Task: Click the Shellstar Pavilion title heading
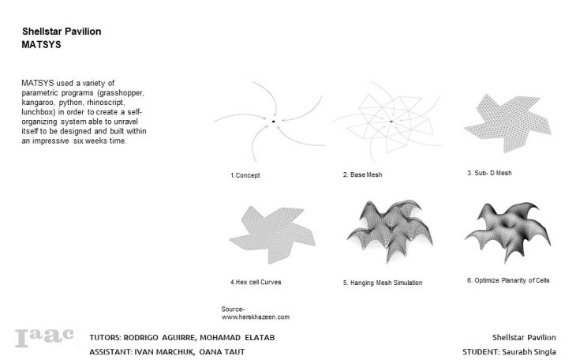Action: point(62,32)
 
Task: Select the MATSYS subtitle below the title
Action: point(41,44)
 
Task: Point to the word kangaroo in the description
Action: point(38,103)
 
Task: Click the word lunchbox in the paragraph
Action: point(38,112)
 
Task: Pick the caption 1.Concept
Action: point(245,175)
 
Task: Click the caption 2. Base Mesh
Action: point(363,174)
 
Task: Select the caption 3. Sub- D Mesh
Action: point(489,173)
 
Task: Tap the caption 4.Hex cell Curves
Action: point(256,282)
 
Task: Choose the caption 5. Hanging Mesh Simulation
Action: point(383,283)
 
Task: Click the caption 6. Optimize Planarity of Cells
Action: point(508,280)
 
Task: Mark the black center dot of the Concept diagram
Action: point(273,122)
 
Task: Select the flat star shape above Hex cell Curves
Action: point(272,234)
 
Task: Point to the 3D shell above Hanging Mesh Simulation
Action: point(390,231)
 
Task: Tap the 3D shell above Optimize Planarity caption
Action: point(509,231)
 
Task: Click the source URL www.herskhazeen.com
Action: point(256,317)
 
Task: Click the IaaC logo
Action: point(44,337)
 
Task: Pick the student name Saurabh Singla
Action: point(529,352)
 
